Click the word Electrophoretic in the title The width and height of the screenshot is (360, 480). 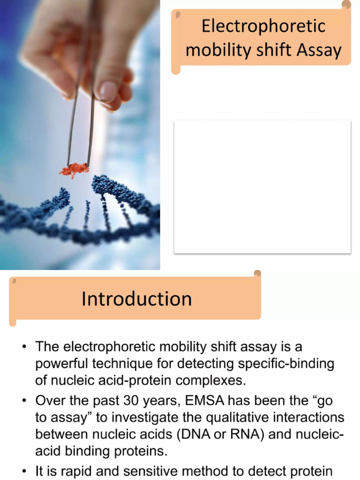click(263, 26)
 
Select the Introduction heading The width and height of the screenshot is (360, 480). click(136, 299)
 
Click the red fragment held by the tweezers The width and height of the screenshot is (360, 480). click(74, 170)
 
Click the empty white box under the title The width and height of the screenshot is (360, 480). click(262, 187)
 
